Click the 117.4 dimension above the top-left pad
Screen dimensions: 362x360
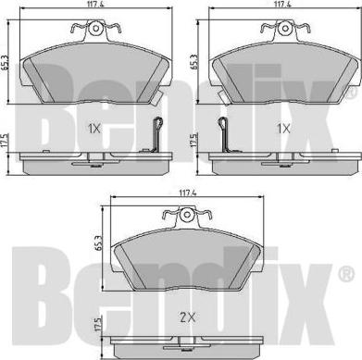tap(96, 4)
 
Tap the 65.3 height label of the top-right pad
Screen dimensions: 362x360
tap(193, 61)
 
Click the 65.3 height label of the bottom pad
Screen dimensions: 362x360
tap(98, 243)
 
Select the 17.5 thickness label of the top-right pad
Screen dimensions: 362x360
tap(193, 140)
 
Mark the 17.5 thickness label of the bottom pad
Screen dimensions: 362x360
tap(98, 326)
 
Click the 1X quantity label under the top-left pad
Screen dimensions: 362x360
tap(94, 129)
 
